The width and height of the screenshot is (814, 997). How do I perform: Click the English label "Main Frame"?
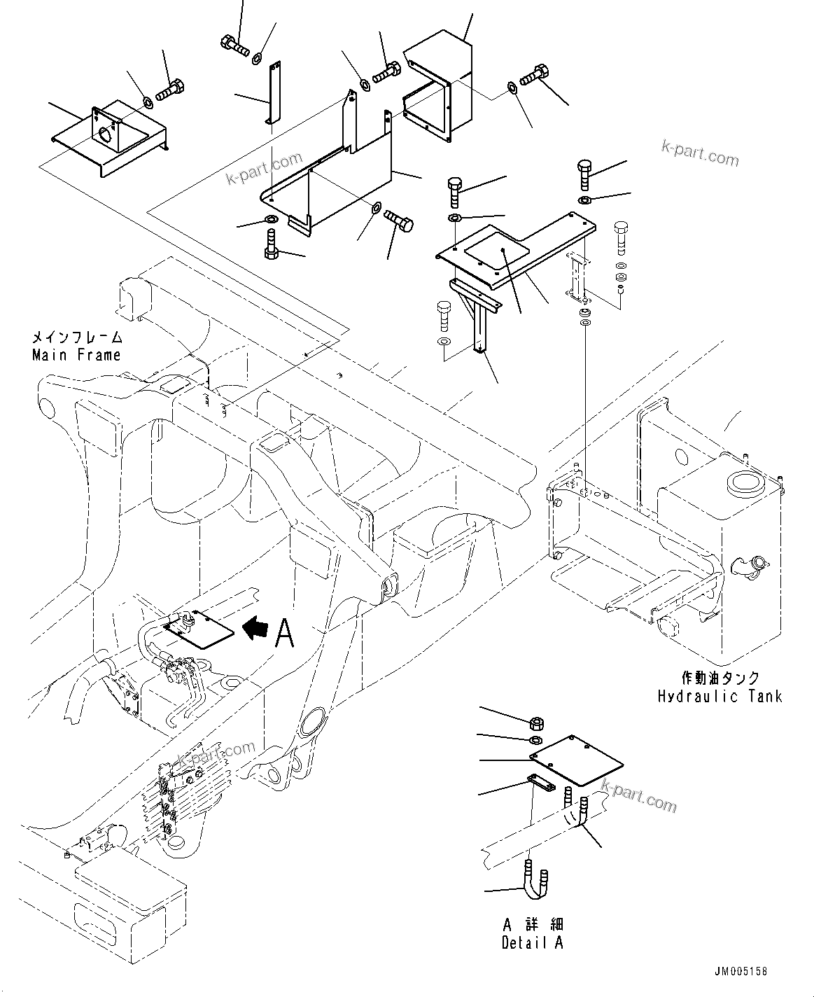point(76,355)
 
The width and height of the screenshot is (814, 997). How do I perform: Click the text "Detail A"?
point(533,942)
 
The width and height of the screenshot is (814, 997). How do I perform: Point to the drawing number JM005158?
point(741,972)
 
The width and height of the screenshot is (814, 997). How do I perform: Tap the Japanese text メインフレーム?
point(77,337)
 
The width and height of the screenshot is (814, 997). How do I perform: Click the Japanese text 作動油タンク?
point(720,678)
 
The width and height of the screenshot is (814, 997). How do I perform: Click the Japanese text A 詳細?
point(533,925)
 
